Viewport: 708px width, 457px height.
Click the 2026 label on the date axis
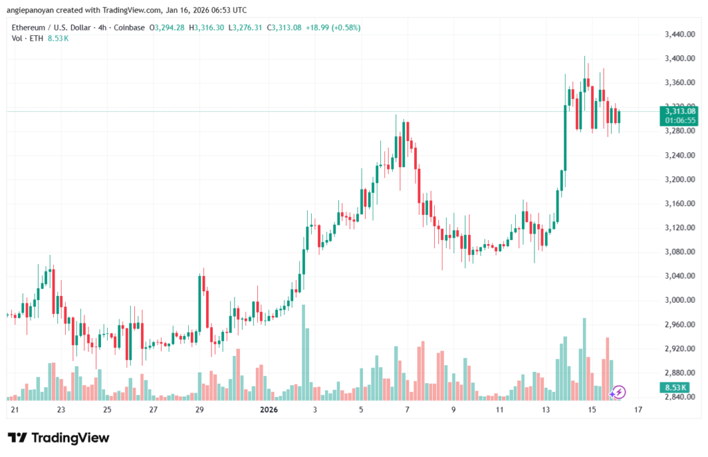click(269, 410)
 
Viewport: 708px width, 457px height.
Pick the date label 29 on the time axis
click(200, 410)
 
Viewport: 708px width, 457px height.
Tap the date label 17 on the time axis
click(638, 410)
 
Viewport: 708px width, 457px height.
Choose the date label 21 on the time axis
click(15, 410)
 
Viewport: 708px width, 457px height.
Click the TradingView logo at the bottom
click(58, 438)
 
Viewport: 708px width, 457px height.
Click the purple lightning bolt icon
click(619, 392)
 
